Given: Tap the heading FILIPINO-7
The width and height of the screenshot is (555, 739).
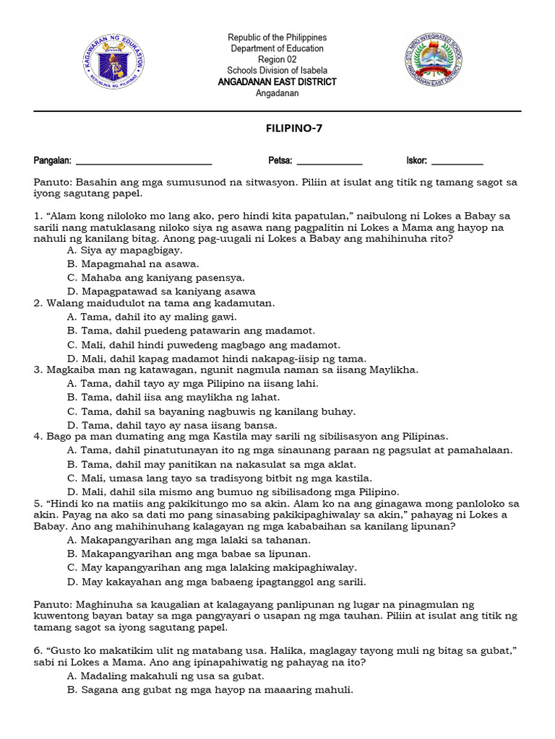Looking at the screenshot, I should pyautogui.click(x=277, y=128).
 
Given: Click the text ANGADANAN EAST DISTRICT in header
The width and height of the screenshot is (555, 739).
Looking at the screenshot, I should pyautogui.click(x=277, y=82).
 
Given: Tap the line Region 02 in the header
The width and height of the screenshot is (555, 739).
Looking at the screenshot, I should pyautogui.click(x=277, y=59).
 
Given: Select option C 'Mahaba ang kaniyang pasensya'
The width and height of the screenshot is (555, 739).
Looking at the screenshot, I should pyautogui.click(x=155, y=277).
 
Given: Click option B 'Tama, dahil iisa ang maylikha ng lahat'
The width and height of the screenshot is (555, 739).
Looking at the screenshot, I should pyautogui.click(x=173, y=397).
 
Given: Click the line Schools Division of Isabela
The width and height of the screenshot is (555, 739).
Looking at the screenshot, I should pyautogui.click(x=277, y=70).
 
